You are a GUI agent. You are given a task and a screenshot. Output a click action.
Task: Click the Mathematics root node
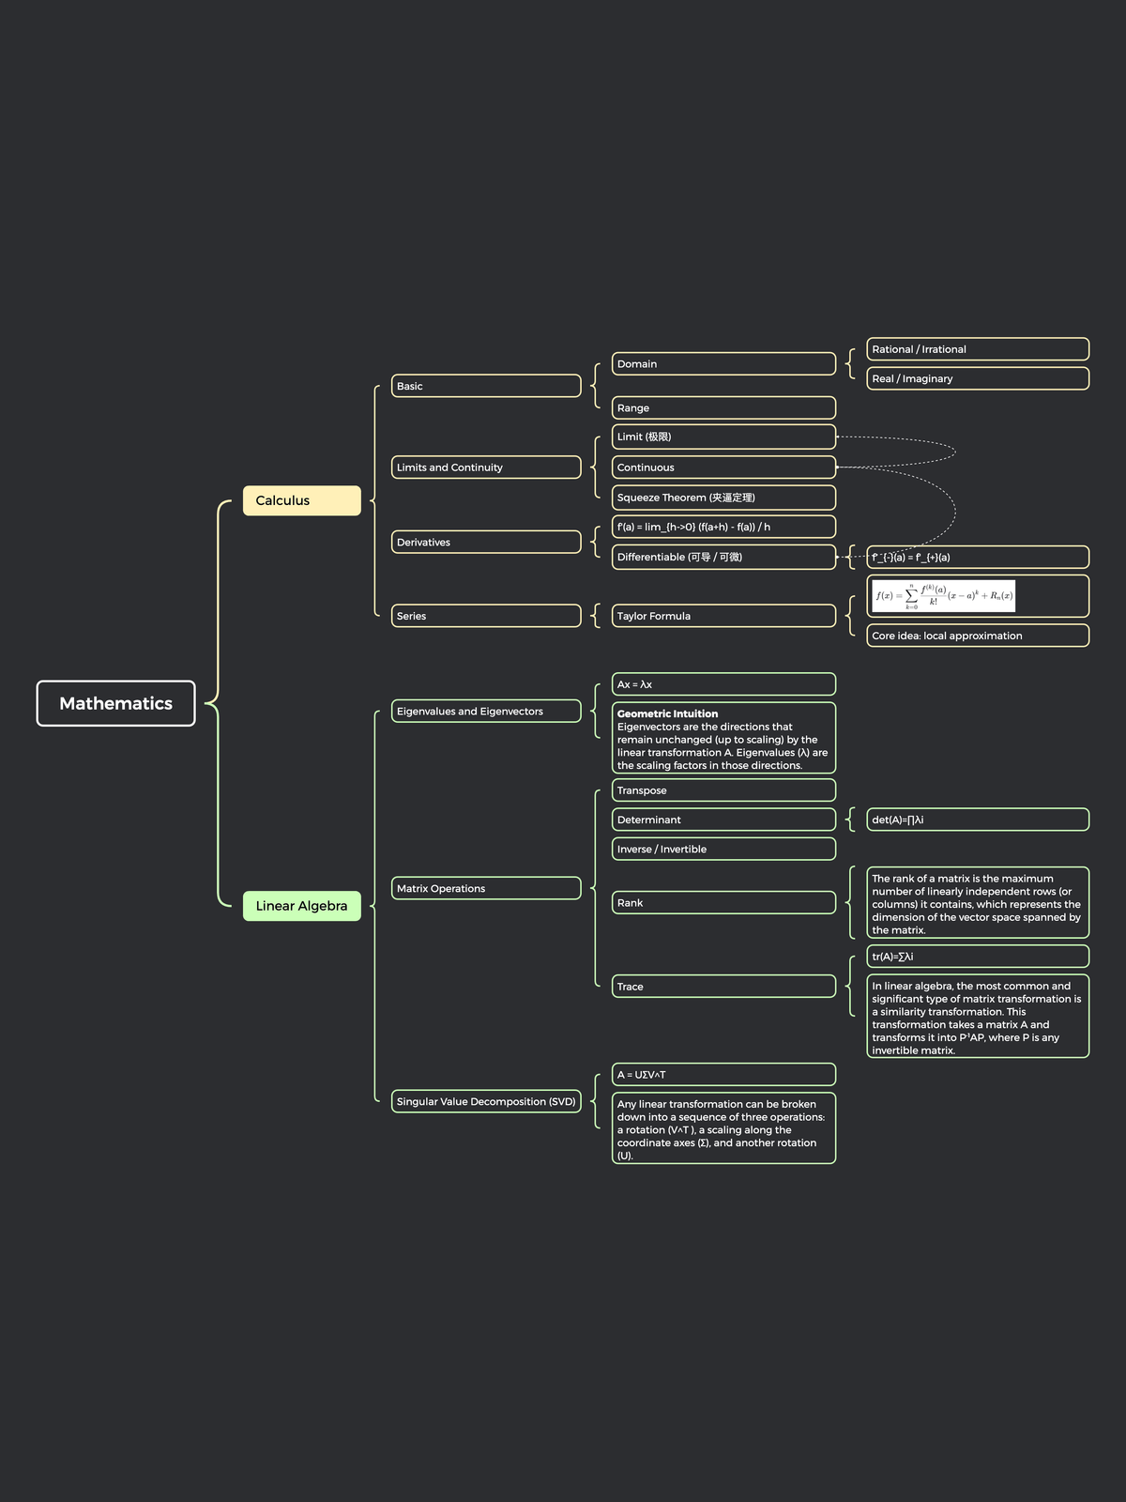click(115, 703)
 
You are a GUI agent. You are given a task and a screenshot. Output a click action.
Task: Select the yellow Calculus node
click(301, 500)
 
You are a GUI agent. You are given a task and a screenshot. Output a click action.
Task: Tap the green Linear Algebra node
click(301, 906)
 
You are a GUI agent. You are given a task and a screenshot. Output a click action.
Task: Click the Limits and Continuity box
click(485, 467)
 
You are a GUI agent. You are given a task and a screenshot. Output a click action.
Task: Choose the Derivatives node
click(485, 543)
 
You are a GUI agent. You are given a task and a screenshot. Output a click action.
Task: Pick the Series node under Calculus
click(485, 616)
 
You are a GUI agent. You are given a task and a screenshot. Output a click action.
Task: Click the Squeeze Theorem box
click(723, 498)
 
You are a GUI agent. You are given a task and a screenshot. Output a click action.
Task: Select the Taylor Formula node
click(723, 616)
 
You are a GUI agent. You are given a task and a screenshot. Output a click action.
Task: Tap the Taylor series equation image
click(943, 596)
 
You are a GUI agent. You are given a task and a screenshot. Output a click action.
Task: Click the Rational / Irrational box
click(977, 349)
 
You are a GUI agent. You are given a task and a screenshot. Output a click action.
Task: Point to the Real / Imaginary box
click(977, 378)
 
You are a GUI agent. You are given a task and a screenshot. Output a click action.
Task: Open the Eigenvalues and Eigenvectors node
click(485, 712)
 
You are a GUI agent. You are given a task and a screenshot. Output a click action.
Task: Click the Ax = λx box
click(723, 684)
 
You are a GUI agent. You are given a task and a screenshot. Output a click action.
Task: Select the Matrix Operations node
click(485, 888)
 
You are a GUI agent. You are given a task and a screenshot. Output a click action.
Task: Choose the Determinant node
click(723, 820)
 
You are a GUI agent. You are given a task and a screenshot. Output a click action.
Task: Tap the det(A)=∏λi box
click(977, 820)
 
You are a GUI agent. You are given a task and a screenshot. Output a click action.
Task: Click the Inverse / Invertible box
click(723, 849)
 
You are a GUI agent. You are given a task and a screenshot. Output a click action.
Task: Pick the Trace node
click(723, 987)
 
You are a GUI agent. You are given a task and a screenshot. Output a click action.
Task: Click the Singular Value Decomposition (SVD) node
click(485, 1101)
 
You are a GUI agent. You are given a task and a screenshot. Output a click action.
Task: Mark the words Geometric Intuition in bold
click(667, 714)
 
